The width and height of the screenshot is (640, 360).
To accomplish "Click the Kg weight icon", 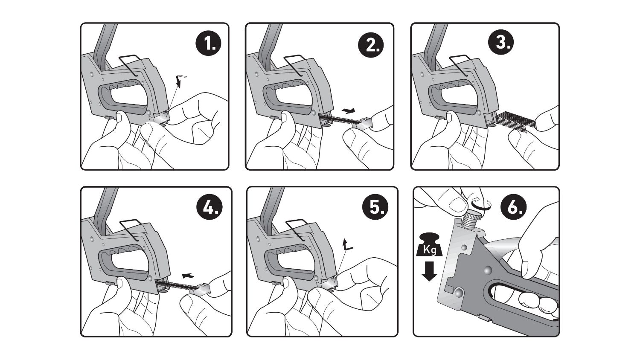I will tap(429, 245).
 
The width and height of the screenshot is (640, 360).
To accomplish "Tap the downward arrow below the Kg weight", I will tap(429, 271).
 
